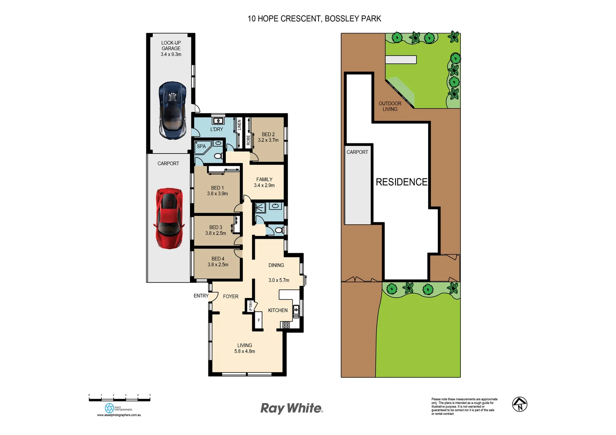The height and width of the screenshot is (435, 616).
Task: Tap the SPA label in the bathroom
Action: tap(201, 146)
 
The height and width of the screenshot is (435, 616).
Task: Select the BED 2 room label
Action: tap(268, 135)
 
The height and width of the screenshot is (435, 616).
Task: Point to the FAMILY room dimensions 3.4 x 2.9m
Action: tap(264, 185)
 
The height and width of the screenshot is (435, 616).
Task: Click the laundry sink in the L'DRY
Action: tap(218, 120)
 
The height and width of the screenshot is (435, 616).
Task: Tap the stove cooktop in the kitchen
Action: tap(285, 325)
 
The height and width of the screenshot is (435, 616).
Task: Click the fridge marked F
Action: tap(259, 321)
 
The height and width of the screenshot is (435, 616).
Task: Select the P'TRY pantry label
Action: tap(250, 306)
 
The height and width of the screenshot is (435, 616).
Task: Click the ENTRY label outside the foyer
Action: tap(201, 296)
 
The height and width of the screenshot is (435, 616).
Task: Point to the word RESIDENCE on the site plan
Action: tap(401, 182)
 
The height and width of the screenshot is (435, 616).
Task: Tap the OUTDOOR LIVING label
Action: tap(390, 106)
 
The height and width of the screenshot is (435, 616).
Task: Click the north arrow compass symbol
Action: tap(520, 404)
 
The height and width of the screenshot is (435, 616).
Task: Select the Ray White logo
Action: tap(291, 408)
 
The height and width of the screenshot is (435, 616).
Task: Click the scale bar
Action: tap(119, 400)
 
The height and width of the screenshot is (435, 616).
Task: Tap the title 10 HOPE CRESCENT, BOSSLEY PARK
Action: tap(314, 19)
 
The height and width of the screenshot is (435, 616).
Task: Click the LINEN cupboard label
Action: tap(239, 124)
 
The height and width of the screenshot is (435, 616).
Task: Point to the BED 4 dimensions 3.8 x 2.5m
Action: tap(218, 265)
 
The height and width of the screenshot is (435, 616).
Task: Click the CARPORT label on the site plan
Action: tap(357, 152)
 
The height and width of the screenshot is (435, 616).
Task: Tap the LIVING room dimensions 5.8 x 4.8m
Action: tap(244, 351)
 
